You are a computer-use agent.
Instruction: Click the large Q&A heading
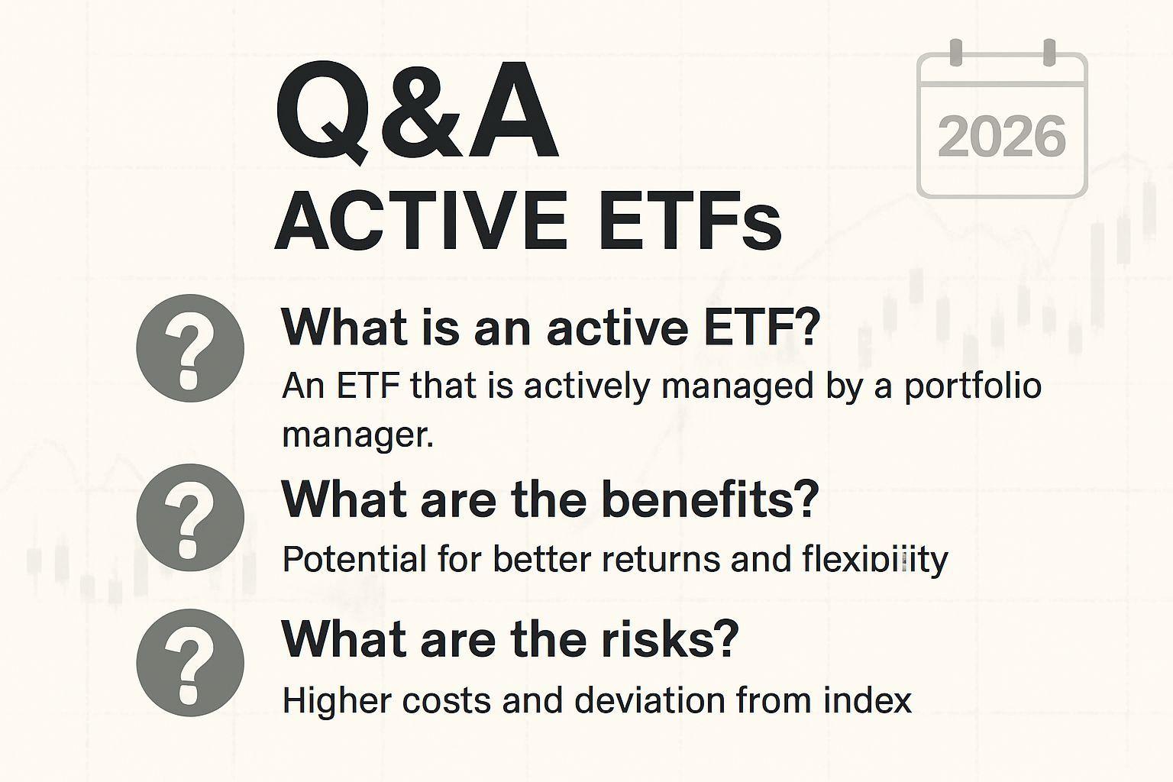pyautogui.click(x=417, y=111)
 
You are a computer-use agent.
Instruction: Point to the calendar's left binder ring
pyautogui.click(x=955, y=53)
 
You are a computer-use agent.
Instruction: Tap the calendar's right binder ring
pyautogui.click(x=1049, y=53)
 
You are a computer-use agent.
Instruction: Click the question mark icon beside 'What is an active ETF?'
pyautogui.click(x=190, y=348)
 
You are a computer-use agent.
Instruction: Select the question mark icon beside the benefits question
pyautogui.click(x=190, y=518)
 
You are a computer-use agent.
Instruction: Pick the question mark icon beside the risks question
pyautogui.click(x=190, y=663)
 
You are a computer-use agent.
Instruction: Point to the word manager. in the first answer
pyautogui.click(x=357, y=435)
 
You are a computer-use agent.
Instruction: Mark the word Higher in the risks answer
pyautogui.click(x=338, y=701)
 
